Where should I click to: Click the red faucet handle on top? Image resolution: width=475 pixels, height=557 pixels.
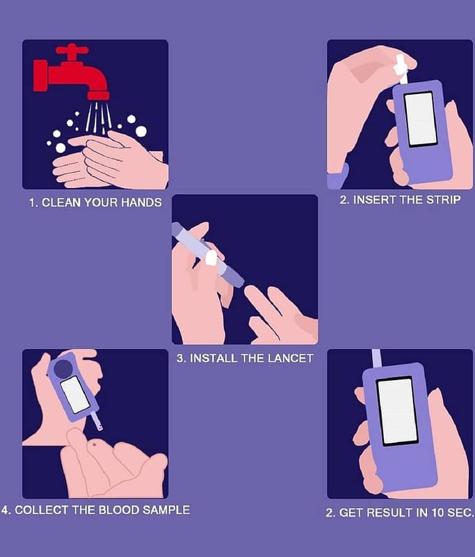72,50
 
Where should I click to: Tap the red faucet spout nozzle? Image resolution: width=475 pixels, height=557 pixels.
98,95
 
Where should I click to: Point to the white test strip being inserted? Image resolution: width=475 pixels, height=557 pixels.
401,69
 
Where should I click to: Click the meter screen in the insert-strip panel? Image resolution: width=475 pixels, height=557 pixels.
420,118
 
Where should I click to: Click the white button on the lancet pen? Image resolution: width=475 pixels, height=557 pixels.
211,258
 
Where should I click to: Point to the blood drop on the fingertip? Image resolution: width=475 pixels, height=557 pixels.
95,444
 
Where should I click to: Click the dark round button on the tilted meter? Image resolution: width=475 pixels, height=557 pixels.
63,368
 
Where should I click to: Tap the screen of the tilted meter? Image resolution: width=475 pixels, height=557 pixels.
75,395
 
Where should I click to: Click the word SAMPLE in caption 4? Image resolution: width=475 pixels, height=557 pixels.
166,510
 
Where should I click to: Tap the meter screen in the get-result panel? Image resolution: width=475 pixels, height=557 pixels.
397,411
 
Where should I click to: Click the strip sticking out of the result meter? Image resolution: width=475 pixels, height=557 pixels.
376,359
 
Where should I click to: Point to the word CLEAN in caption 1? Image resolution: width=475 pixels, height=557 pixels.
61,203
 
